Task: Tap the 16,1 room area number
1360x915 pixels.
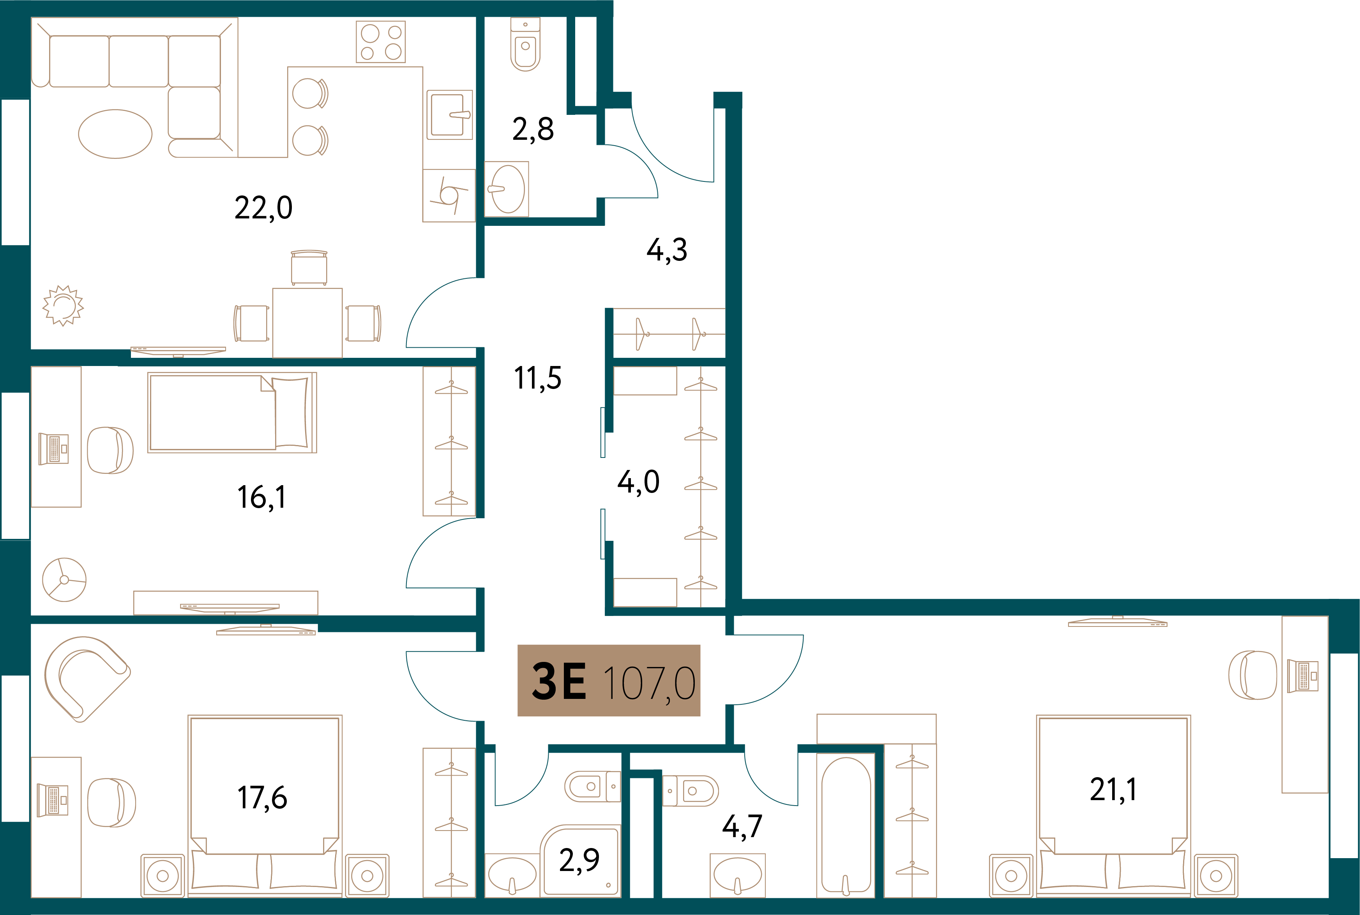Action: click(x=261, y=497)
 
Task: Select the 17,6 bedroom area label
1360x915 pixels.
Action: click(x=262, y=798)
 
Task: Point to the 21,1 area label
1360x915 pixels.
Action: click(x=1113, y=790)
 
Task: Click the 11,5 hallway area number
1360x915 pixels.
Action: click(x=538, y=378)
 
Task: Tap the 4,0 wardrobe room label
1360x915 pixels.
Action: click(x=638, y=482)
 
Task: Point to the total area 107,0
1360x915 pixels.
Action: click(x=649, y=683)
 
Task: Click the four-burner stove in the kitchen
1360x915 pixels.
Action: click(x=381, y=42)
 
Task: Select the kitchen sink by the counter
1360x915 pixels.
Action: click(x=449, y=114)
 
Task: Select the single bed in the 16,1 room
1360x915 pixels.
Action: click(x=232, y=413)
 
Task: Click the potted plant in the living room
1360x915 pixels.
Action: click(x=63, y=305)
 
